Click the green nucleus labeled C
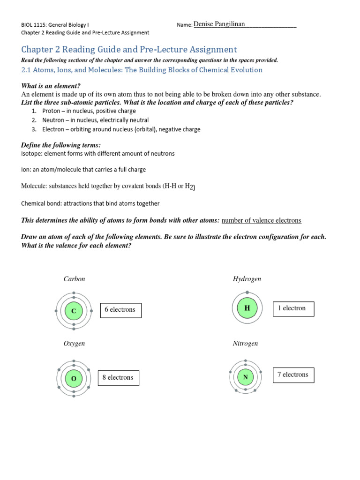tap(73, 310)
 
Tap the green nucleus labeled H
tap(247, 308)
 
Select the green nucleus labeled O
tap(73, 378)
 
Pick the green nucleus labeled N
tap(246, 376)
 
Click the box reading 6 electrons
tap(120, 310)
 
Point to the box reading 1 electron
tap(293, 308)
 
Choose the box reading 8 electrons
tap(118, 378)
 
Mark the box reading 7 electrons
tap(293, 375)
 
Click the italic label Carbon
tap(75, 279)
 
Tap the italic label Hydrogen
tap(247, 279)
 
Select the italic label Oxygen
tap(75, 344)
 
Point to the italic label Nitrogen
tap(246, 344)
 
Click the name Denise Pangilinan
tap(219, 24)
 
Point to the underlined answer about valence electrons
tap(261, 220)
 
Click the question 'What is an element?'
tap(51, 86)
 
